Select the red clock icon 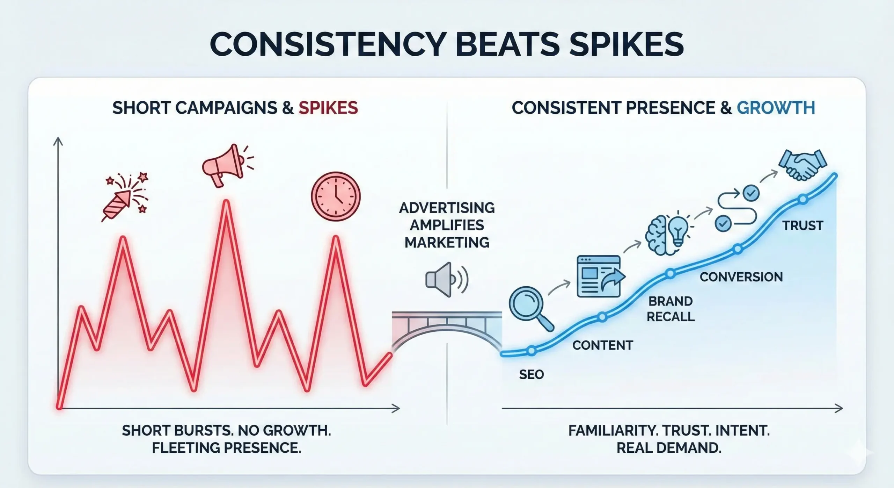click(x=336, y=196)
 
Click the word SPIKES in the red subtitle click(x=328, y=108)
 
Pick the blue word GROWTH click(x=776, y=108)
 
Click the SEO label click(x=531, y=375)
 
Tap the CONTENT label click(x=602, y=345)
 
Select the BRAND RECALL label click(x=670, y=309)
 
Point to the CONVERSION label click(x=741, y=277)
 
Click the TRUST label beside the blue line click(x=803, y=225)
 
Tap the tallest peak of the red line click(x=226, y=202)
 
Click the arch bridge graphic click(x=447, y=330)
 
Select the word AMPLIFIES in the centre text click(x=447, y=225)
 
